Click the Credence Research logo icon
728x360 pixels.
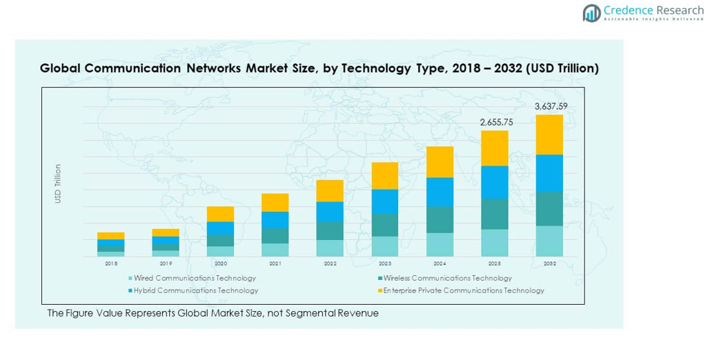(x=591, y=12)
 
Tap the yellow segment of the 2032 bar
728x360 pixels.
(x=549, y=134)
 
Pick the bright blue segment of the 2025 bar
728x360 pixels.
(x=495, y=182)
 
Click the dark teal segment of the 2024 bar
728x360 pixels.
(x=440, y=219)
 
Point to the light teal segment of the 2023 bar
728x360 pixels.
(x=385, y=246)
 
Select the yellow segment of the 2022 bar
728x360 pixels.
(x=330, y=190)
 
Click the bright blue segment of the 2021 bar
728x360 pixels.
(x=275, y=219)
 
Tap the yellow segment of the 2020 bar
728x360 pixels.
(x=221, y=214)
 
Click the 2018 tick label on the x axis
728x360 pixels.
(x=111, y=263)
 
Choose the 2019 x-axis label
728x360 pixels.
(x=166, y=263)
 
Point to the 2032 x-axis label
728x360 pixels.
(x=549, y=263)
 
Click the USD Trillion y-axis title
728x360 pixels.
(x=59, y=183)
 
